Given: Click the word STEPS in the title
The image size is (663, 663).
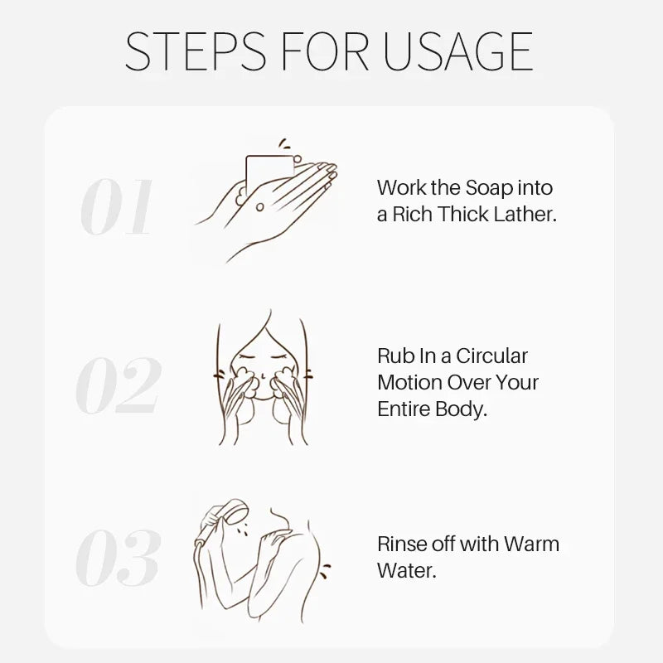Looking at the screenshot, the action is tap(196, 51).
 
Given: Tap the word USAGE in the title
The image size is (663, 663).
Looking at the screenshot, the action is tap(458, 51).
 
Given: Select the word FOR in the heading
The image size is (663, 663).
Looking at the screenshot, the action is tap(325, 51).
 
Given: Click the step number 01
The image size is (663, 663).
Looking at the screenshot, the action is tap(116, 206).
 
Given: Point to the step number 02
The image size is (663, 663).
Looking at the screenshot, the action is tap(119, 385).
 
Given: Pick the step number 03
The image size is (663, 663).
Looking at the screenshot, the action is tap(119, 558).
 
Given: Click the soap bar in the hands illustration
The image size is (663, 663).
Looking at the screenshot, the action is tap(269, 174).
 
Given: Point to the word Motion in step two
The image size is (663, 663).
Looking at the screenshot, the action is tap(409, 383).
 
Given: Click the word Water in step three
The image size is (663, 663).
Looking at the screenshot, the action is tap(406, 570).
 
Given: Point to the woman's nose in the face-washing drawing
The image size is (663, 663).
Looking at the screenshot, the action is tap(263, 375).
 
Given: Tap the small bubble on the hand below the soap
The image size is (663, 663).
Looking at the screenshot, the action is tap(260, 206).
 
